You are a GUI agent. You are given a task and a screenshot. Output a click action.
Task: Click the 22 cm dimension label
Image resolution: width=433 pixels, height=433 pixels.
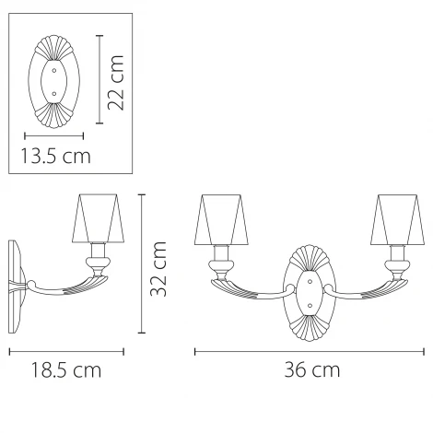coord(116,83)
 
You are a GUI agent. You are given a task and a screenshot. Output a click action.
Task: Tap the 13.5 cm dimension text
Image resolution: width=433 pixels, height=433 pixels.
coord(55,156)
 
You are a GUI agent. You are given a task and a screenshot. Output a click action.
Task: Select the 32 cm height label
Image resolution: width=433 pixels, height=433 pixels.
coord(158,269)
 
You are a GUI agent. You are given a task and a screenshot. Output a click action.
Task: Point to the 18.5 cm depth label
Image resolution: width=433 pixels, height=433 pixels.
coord(66,370)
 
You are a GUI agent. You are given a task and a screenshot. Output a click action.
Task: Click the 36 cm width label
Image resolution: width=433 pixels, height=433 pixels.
coord(312,369)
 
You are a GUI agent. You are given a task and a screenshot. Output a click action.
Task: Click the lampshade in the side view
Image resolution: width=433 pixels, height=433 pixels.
coord(99,218)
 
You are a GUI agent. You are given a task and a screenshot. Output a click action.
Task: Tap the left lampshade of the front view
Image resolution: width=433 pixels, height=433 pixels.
coord(221,219)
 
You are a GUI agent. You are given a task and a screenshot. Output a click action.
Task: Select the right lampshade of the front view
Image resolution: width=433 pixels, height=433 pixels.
coord(398,219)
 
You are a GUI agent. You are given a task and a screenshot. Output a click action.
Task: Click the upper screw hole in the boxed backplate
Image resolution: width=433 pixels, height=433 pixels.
coord(54,71)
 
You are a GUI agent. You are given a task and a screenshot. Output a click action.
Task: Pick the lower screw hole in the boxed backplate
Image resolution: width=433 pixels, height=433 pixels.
coord(54,93)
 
